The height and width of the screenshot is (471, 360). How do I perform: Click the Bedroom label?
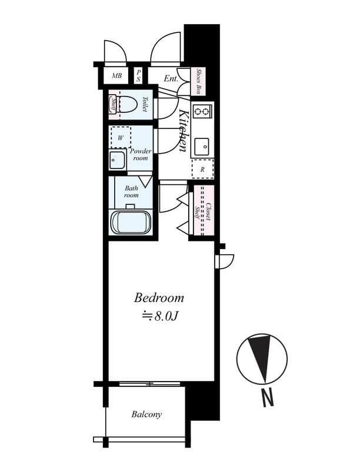(159, 298)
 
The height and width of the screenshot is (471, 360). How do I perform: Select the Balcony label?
(146, 414)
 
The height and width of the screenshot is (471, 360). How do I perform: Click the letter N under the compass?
(268, 398)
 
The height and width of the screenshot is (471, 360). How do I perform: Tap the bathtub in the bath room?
(131, 223)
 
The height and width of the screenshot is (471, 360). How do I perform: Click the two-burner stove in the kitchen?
(202, 112)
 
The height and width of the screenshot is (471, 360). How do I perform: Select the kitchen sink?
(202, 147)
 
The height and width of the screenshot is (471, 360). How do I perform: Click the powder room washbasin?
(117, 160)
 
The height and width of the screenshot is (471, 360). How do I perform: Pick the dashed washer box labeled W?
(121, 137)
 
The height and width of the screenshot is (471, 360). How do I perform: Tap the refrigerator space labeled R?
(202, 169)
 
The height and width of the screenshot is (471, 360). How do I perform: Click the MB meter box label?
(116, 76)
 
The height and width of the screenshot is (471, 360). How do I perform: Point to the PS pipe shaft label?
(139, 76)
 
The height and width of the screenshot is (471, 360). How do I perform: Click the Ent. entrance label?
(171, 79)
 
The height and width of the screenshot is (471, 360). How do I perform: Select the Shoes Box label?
(198, 81)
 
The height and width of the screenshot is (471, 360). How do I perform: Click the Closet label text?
(208, 213)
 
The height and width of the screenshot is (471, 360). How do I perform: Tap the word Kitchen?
(184, 131)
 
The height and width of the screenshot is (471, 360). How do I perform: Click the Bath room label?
(131, 192)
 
